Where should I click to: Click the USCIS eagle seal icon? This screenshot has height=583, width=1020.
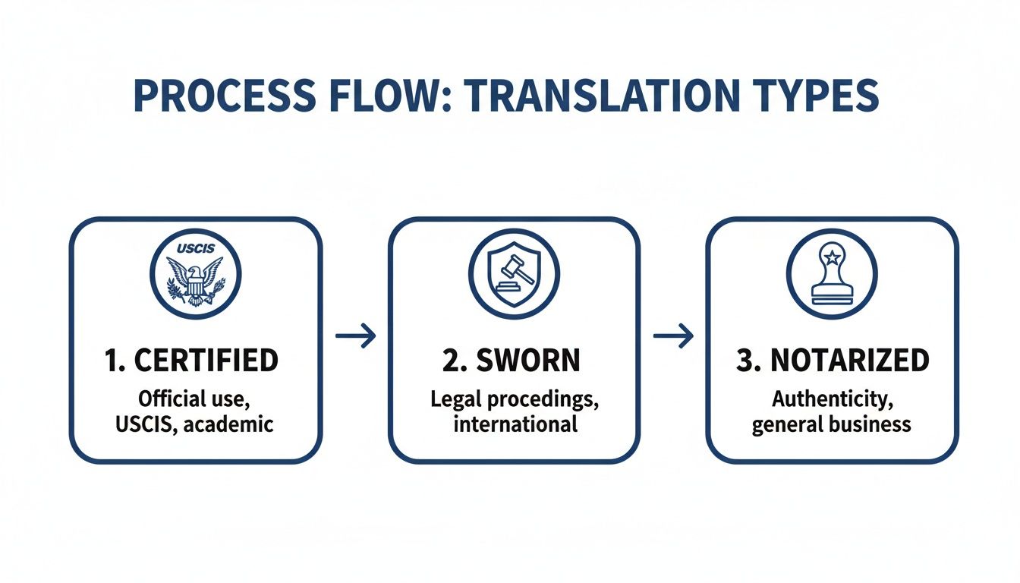(195, 273)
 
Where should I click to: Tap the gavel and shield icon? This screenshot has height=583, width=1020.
(514, 273)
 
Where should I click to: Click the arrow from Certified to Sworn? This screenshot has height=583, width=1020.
(355, 336)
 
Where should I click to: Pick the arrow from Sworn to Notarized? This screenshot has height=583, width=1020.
(673, 336)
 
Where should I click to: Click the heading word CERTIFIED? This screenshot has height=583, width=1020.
(206, 361)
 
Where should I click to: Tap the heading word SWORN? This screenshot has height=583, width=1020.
(527, 361)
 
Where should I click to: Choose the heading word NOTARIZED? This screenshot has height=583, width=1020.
(849, 361)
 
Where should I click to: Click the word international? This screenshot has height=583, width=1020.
(515, 423)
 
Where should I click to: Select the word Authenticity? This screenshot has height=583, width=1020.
(832, 399)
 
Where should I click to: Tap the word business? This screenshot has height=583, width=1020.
(872, 423)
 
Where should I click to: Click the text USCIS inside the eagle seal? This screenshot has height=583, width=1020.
(195, 248)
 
